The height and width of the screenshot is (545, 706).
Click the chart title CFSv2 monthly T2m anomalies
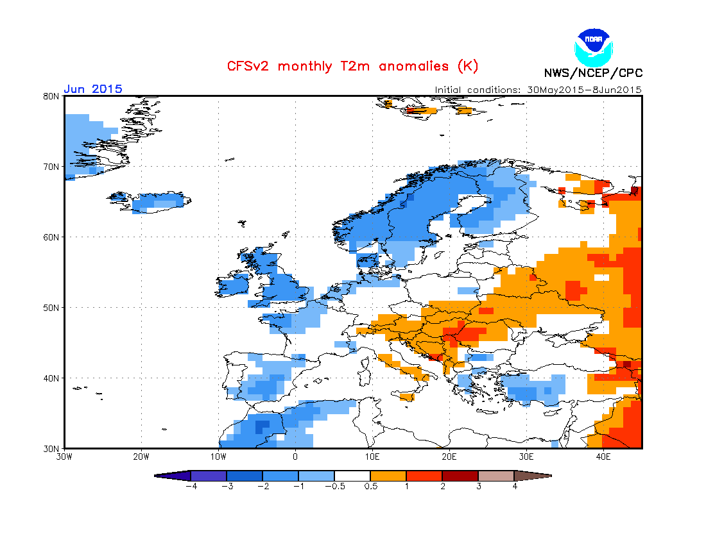point(352,66)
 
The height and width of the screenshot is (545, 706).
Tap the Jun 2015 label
point(93,89)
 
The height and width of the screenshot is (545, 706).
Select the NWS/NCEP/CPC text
point(593,72)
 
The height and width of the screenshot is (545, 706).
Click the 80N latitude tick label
point(51,96)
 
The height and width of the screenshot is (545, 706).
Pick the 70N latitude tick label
point(51,167)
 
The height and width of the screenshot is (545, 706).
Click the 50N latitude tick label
point(51,308)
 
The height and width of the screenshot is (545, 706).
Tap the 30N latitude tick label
point(51,448)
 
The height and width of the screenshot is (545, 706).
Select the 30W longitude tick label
point(64,457)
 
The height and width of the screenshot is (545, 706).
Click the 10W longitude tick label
point(218,457)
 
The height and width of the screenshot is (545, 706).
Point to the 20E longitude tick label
point(449,457)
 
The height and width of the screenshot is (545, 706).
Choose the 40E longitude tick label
point(603,457)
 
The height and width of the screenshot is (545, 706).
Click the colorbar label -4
point(190,487)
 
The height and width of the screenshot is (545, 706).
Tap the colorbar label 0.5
point(370,487)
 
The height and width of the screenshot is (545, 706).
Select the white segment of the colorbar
point(352,476)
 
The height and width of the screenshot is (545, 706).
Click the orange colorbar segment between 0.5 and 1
point(388,476)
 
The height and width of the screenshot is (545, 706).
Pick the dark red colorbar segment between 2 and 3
point(460,476)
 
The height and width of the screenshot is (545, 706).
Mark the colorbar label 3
point(478,487)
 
